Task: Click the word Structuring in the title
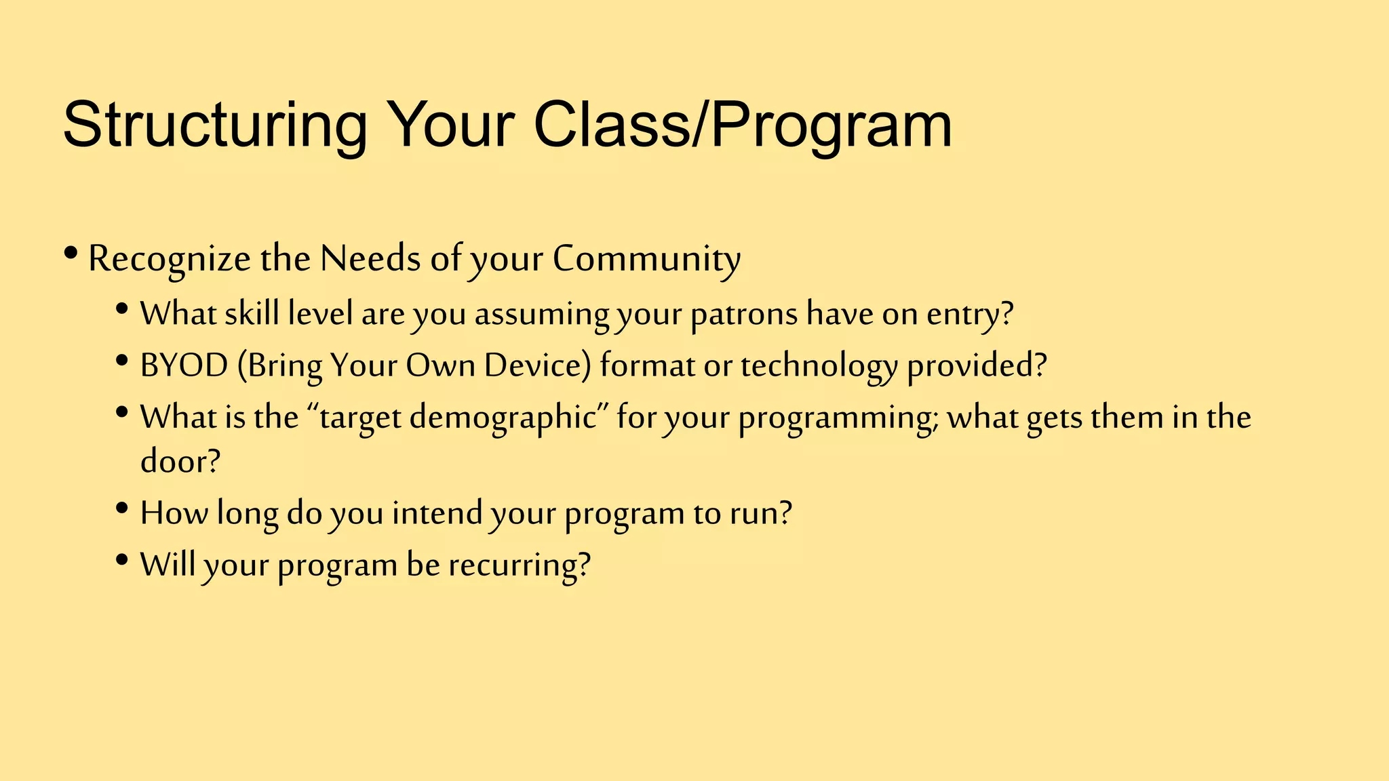coord(214,125)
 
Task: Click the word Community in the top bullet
coord(646,259)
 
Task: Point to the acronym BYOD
coord(184,365)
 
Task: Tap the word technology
coord(819,367)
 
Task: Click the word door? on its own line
coord(180,461)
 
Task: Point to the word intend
coord(437,513)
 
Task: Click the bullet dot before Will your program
coord(122,560)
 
